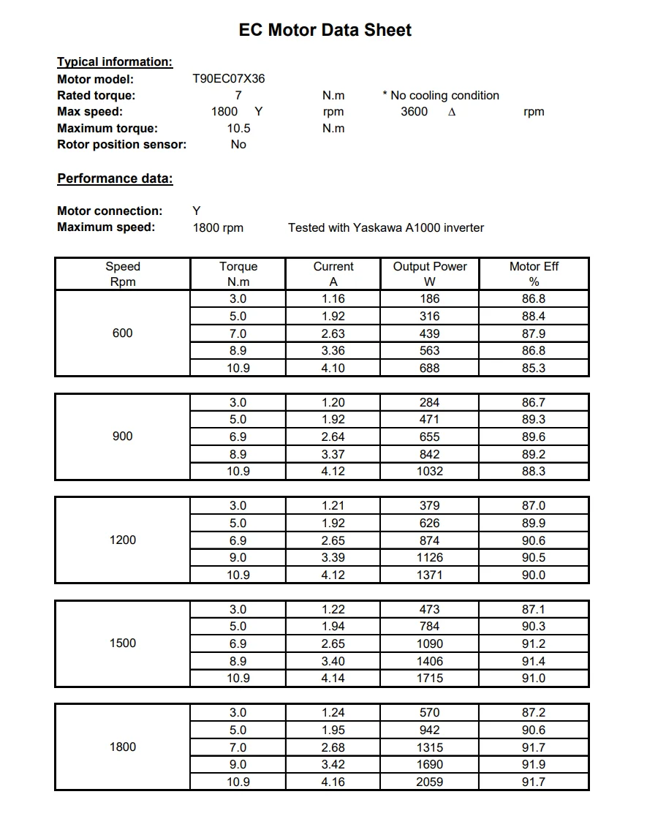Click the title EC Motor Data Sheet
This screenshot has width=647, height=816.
tap(325, 30)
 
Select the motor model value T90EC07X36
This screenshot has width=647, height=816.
tap(228, 79)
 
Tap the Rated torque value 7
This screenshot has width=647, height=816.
tap(238, 95)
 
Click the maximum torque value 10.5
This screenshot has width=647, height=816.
tap(238, 128)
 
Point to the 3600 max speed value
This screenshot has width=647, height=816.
tap(415, 112)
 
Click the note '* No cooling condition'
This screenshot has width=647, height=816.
tap(441, 95)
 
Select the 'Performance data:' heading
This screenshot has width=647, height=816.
tap(115, 178)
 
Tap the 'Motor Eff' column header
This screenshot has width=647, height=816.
tap(534, 267)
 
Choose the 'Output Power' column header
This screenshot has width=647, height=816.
tap(429, 267)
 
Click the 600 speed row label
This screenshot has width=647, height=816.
tap(122, 333)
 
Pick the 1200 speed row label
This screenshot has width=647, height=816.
tap(122, 540)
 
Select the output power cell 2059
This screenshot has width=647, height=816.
tap(429, 782)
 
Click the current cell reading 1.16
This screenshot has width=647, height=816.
tap(333, 299)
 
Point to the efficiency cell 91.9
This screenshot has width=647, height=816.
tap(534, 765)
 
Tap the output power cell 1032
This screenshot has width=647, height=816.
tap(429, 472)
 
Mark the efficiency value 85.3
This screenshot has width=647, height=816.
tap(534, 369)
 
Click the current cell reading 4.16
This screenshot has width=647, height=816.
tap(333, 782)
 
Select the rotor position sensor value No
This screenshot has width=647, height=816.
tap(238, 145)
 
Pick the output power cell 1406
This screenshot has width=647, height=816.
tap(429, 661)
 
